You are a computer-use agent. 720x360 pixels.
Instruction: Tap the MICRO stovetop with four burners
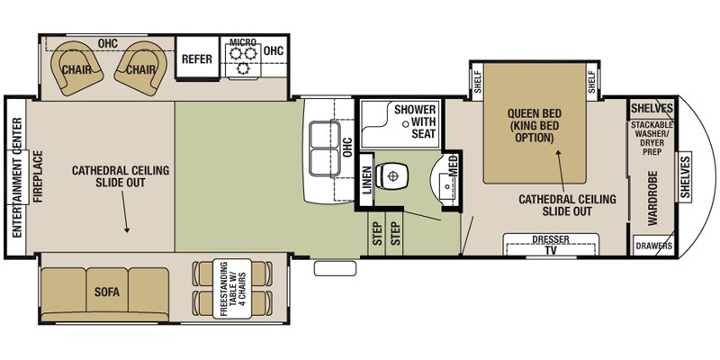[242, 61]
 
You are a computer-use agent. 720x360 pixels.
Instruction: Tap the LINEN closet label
[366, 180]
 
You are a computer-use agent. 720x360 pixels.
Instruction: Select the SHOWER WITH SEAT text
[415, 121]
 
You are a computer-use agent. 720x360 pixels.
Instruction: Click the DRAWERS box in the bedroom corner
[653, 245]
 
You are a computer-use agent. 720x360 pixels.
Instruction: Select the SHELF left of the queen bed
[477, 82]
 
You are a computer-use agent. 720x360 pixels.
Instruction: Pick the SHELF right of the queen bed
[591, 82]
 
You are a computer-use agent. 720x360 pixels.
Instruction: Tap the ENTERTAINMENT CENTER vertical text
[15, 170]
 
